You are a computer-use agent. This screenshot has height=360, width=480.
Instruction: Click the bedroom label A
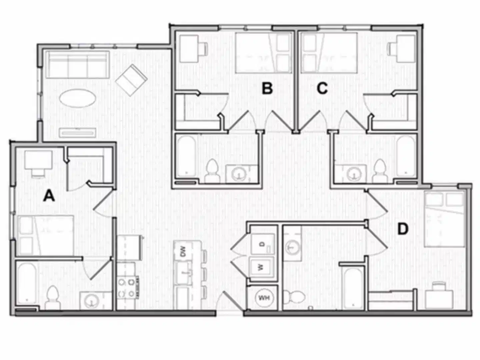(49, 196)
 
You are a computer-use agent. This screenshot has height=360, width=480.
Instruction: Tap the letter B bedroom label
(267, 89)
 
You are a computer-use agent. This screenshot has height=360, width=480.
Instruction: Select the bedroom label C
(322, 89)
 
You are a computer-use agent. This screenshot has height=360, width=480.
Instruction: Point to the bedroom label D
(403, 229)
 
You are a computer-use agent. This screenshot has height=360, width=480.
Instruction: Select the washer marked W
(262, 267)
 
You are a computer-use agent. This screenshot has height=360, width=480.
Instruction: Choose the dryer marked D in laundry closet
(262, 244)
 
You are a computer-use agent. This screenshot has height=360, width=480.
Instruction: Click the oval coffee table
(77, 98)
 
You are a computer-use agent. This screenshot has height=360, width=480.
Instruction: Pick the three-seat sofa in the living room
(77, 65)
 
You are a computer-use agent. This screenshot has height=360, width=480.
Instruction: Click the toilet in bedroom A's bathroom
(52, 297)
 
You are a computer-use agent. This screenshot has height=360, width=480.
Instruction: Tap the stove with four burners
(127, 287)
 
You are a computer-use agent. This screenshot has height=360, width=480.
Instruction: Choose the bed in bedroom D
(444, 220)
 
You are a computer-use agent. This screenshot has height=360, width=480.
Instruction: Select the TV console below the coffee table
(77, 133)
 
